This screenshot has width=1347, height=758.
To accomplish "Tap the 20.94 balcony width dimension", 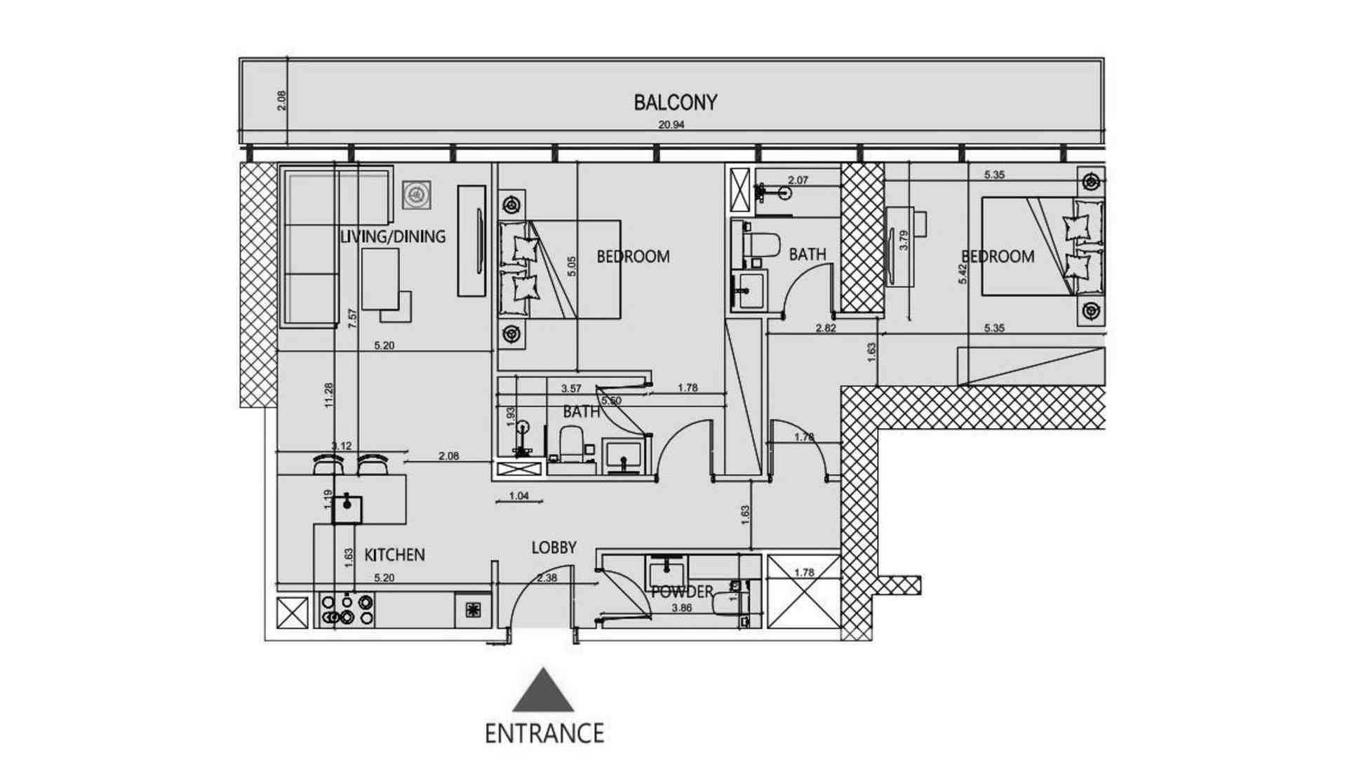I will [671, 125].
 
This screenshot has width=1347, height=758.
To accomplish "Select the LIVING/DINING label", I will [392, 237].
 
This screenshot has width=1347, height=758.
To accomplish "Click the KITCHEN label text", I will [394, 555].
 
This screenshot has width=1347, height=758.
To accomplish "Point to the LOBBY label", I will [554, 547].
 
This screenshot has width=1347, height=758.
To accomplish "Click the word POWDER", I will [682, 592].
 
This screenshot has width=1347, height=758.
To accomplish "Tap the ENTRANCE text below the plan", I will [544, 733].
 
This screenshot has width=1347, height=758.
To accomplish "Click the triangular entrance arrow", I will [543, 691].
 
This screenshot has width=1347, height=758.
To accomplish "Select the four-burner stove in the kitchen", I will [347, 609].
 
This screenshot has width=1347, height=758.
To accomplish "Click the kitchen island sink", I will [347, 509].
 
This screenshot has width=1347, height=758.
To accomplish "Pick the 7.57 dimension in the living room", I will [353, 319].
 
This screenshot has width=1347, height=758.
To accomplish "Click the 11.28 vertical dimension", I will [329, 395].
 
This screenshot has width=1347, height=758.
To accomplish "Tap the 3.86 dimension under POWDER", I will [681, 609].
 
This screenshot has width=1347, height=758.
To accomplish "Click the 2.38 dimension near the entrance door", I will [547, 578].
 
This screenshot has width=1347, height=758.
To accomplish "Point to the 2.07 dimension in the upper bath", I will [798, 180].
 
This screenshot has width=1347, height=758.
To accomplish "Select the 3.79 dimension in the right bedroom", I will [904, 241].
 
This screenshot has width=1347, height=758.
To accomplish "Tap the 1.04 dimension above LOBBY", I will [518, 496].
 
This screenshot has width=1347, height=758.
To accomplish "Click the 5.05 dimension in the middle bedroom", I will [572, 266].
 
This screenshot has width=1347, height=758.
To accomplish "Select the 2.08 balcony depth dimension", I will [282, 100].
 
